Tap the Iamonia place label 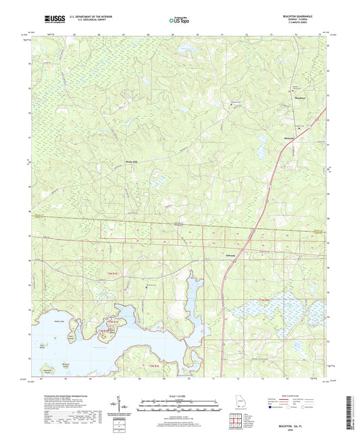(x=230, y=255)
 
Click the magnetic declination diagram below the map (x=123, y=405)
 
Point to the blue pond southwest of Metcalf (x=261, y=143)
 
